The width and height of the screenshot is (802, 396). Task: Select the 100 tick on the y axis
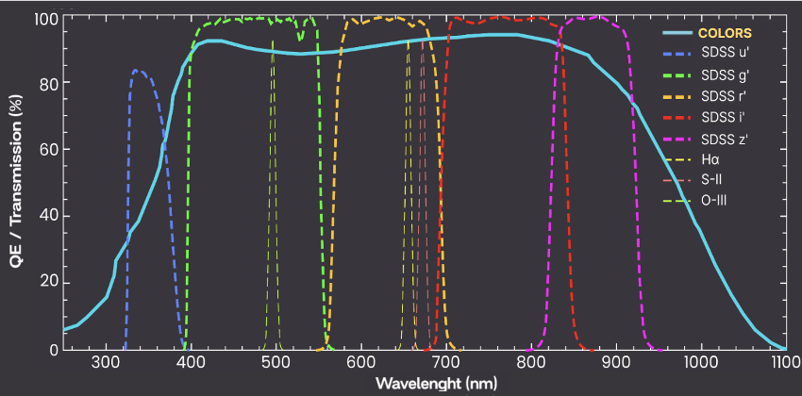point(45,19)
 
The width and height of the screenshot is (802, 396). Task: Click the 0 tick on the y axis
point(53,350)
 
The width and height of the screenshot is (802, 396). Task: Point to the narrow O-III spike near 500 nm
point(274,42)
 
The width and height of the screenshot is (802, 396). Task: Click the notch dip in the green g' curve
point(300,39)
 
